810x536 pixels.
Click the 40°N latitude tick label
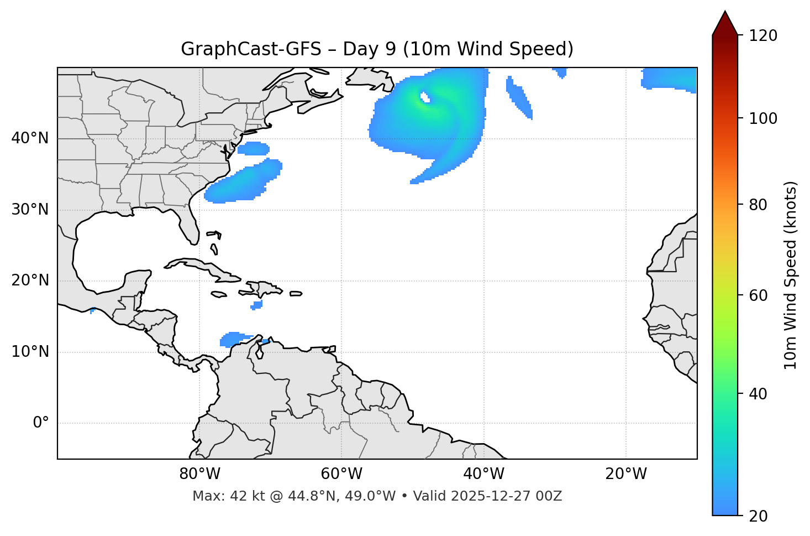(x=30, y=138)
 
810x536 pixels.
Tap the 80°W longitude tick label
(x=199, y=474)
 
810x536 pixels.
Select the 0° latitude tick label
(x=41, y=423)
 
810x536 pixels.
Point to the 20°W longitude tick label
(x=626, y=474)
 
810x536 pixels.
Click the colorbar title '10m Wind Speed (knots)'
(x=791, y=275)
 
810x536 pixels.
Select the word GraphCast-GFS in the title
(x=251, y=49)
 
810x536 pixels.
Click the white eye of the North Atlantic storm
(x=424, y=97)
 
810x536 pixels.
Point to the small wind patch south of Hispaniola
(x=257, y=305)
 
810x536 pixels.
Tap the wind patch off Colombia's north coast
(x=234, y=339)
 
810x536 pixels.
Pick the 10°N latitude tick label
(x=30, y=352)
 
